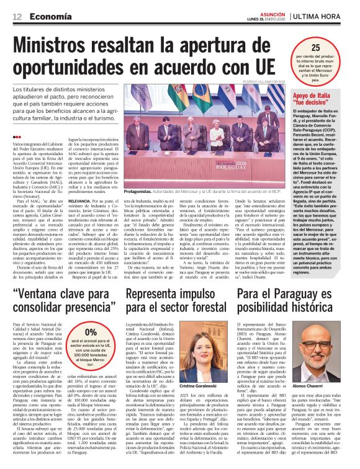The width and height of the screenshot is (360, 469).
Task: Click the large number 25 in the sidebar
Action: (316, 47)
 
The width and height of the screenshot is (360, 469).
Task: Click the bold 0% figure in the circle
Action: (91, 332)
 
